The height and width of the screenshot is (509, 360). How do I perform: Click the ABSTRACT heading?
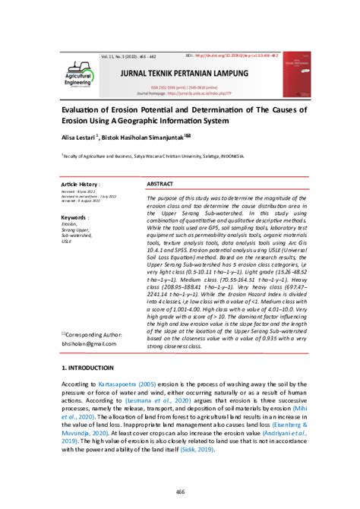159,185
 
